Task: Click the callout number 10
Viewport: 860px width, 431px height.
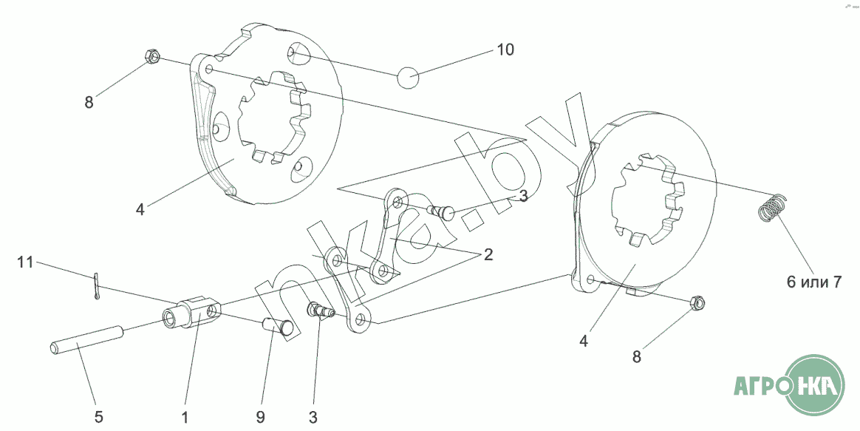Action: [x=505, y=50]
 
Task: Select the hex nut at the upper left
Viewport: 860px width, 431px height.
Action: [x=151, y=55]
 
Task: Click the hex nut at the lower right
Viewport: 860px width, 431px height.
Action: [x=696, y=302]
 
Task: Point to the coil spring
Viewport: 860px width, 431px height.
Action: [x=771, y=208]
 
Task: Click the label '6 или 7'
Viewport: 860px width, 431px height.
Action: [x=813, y=282]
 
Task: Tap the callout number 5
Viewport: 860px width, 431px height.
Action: [x=99, y=417]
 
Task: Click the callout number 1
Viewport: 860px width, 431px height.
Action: [x=185, y=417]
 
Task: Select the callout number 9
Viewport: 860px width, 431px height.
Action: [x=261, y=417]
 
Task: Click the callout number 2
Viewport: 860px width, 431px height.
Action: [x=488, y=255]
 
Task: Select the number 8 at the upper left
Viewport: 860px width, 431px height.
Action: [x=89, y=103]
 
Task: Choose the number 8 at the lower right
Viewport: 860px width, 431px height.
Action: [x=636, y=357]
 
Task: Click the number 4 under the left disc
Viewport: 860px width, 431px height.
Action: [x=140, y=209]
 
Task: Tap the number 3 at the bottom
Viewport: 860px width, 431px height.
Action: [x=313, y=417]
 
